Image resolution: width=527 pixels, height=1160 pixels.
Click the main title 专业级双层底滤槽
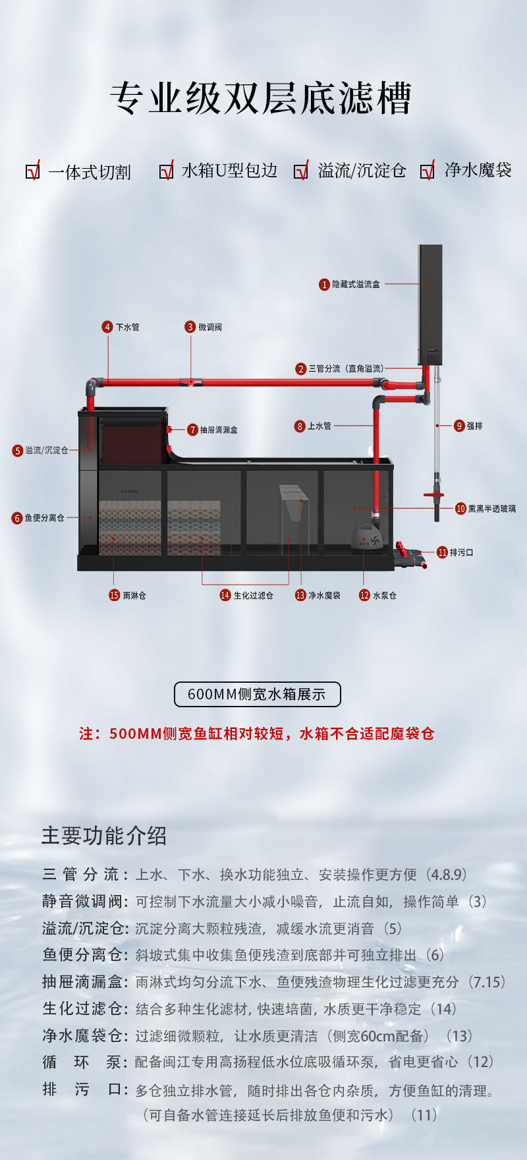pyautogui.click(x=261, y=99)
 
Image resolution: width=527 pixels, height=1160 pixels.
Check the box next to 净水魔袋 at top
pyautogui.click(x=427, y=171)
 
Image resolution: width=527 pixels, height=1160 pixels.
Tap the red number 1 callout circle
pyautogui.click(x=324, y=285)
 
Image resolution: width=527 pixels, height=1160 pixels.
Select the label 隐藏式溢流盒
pyautogui.click(x=356, y=285)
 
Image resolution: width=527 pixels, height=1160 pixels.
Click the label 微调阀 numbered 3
pyautogui.click(x=210, y=327)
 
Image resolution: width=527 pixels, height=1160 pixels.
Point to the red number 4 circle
pyautogui.click(x=107, y=327)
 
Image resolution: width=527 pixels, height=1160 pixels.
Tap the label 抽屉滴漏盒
pyautogui.click(x=219, y=430)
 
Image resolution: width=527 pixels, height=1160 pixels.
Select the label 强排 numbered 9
pyautogui.click(x=474, y=426)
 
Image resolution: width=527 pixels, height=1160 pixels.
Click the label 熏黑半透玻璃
pyautogui.click(x=492, y=508)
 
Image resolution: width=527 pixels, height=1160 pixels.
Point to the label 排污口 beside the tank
pyautogui.click(x=461, y=552)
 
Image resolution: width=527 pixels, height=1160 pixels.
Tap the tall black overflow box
pyautogui.click(x=430, y=303)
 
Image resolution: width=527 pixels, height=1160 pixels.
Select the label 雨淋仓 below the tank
pyautogui.click(x=134, y=595)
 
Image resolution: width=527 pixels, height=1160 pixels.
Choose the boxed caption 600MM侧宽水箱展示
pyautogui.click(x=257, y=694)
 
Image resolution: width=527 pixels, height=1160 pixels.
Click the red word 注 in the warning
pyautogui.click(x=86, y=734)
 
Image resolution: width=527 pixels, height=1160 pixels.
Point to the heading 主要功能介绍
pyautogui.click(x=104, y=836)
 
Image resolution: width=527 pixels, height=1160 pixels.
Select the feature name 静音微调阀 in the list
pyautogui.click(x=82, y=902)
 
